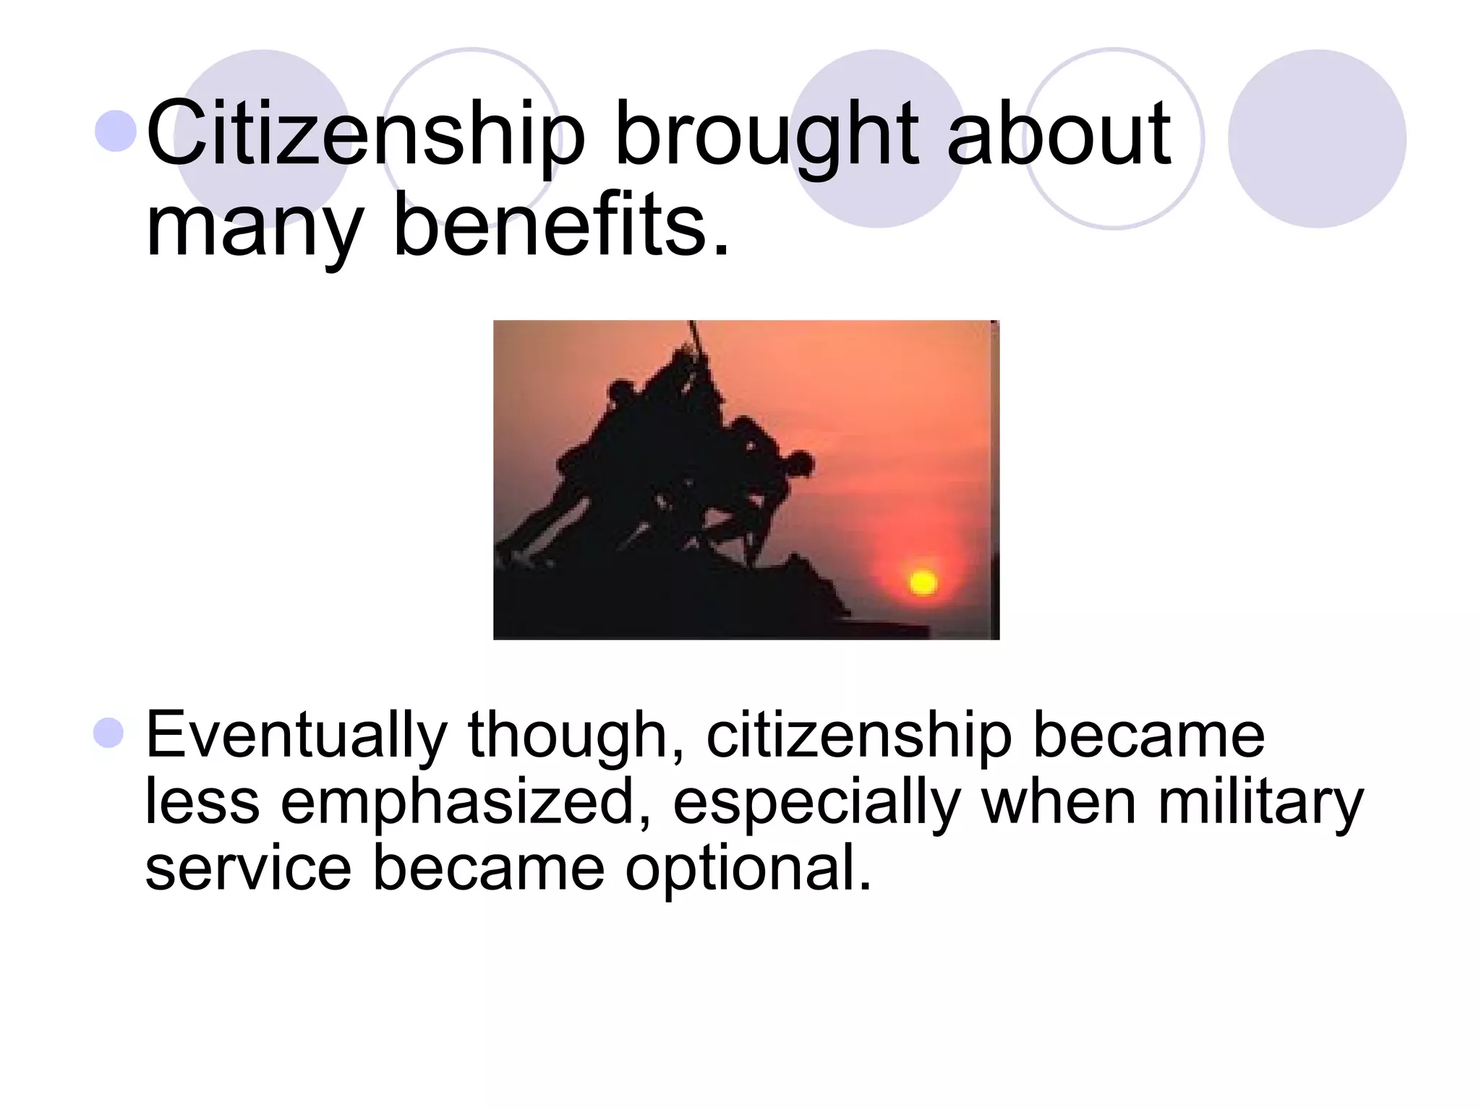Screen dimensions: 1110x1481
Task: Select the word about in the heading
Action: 1059,134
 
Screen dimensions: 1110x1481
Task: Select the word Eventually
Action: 296,736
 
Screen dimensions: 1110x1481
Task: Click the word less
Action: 202,801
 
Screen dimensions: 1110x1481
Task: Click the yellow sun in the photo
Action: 923,582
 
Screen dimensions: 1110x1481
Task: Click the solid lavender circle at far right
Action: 1317,139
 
